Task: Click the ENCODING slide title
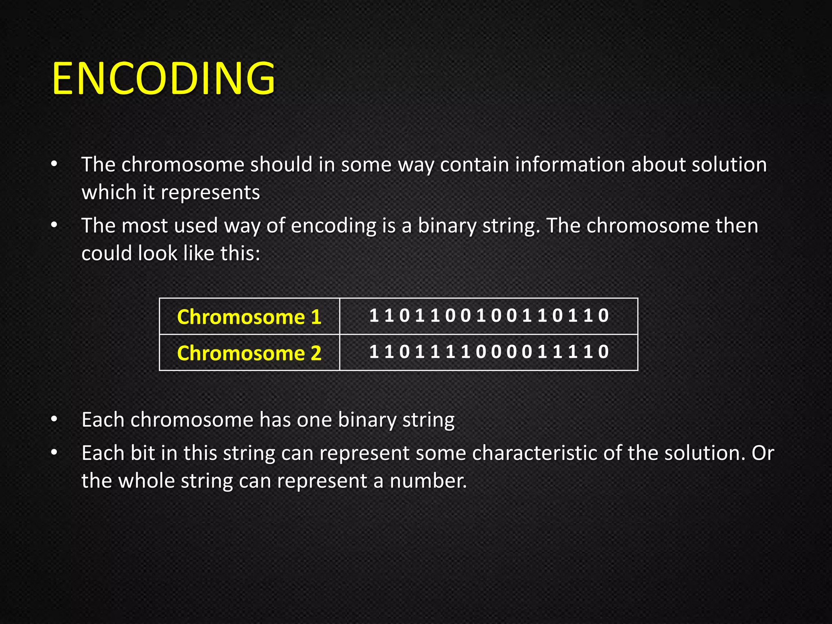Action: tap(164, 78)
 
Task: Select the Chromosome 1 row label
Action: tap(249, 317)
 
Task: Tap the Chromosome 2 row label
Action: tap(249, 353)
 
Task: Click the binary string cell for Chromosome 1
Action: tap(489, 316)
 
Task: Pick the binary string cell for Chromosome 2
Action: tap(489, 352)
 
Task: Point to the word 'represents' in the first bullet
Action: tap(210, 193)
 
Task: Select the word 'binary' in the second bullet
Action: tap(447, 226)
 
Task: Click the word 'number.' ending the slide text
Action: tap(428, 481)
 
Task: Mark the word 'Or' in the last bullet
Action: tap(763, 453)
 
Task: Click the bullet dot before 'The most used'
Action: tap(54, 226)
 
